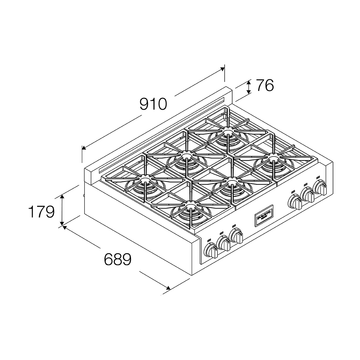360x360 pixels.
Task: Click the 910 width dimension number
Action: click(x=153, y=104)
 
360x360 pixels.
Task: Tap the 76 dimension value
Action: click(x=265, y=86)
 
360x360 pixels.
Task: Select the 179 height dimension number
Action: click(x=41, y=212)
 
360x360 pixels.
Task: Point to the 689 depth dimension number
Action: click(x=117, y=259)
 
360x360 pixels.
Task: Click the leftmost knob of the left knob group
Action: click(x=211, y=251)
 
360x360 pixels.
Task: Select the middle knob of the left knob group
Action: click(x=224, y=244)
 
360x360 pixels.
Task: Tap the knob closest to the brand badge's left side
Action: click(x=237, y=236)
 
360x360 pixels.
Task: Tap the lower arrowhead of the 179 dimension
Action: click(x=62, y=223)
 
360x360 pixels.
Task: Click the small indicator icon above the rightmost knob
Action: click(x=318, y=177)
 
